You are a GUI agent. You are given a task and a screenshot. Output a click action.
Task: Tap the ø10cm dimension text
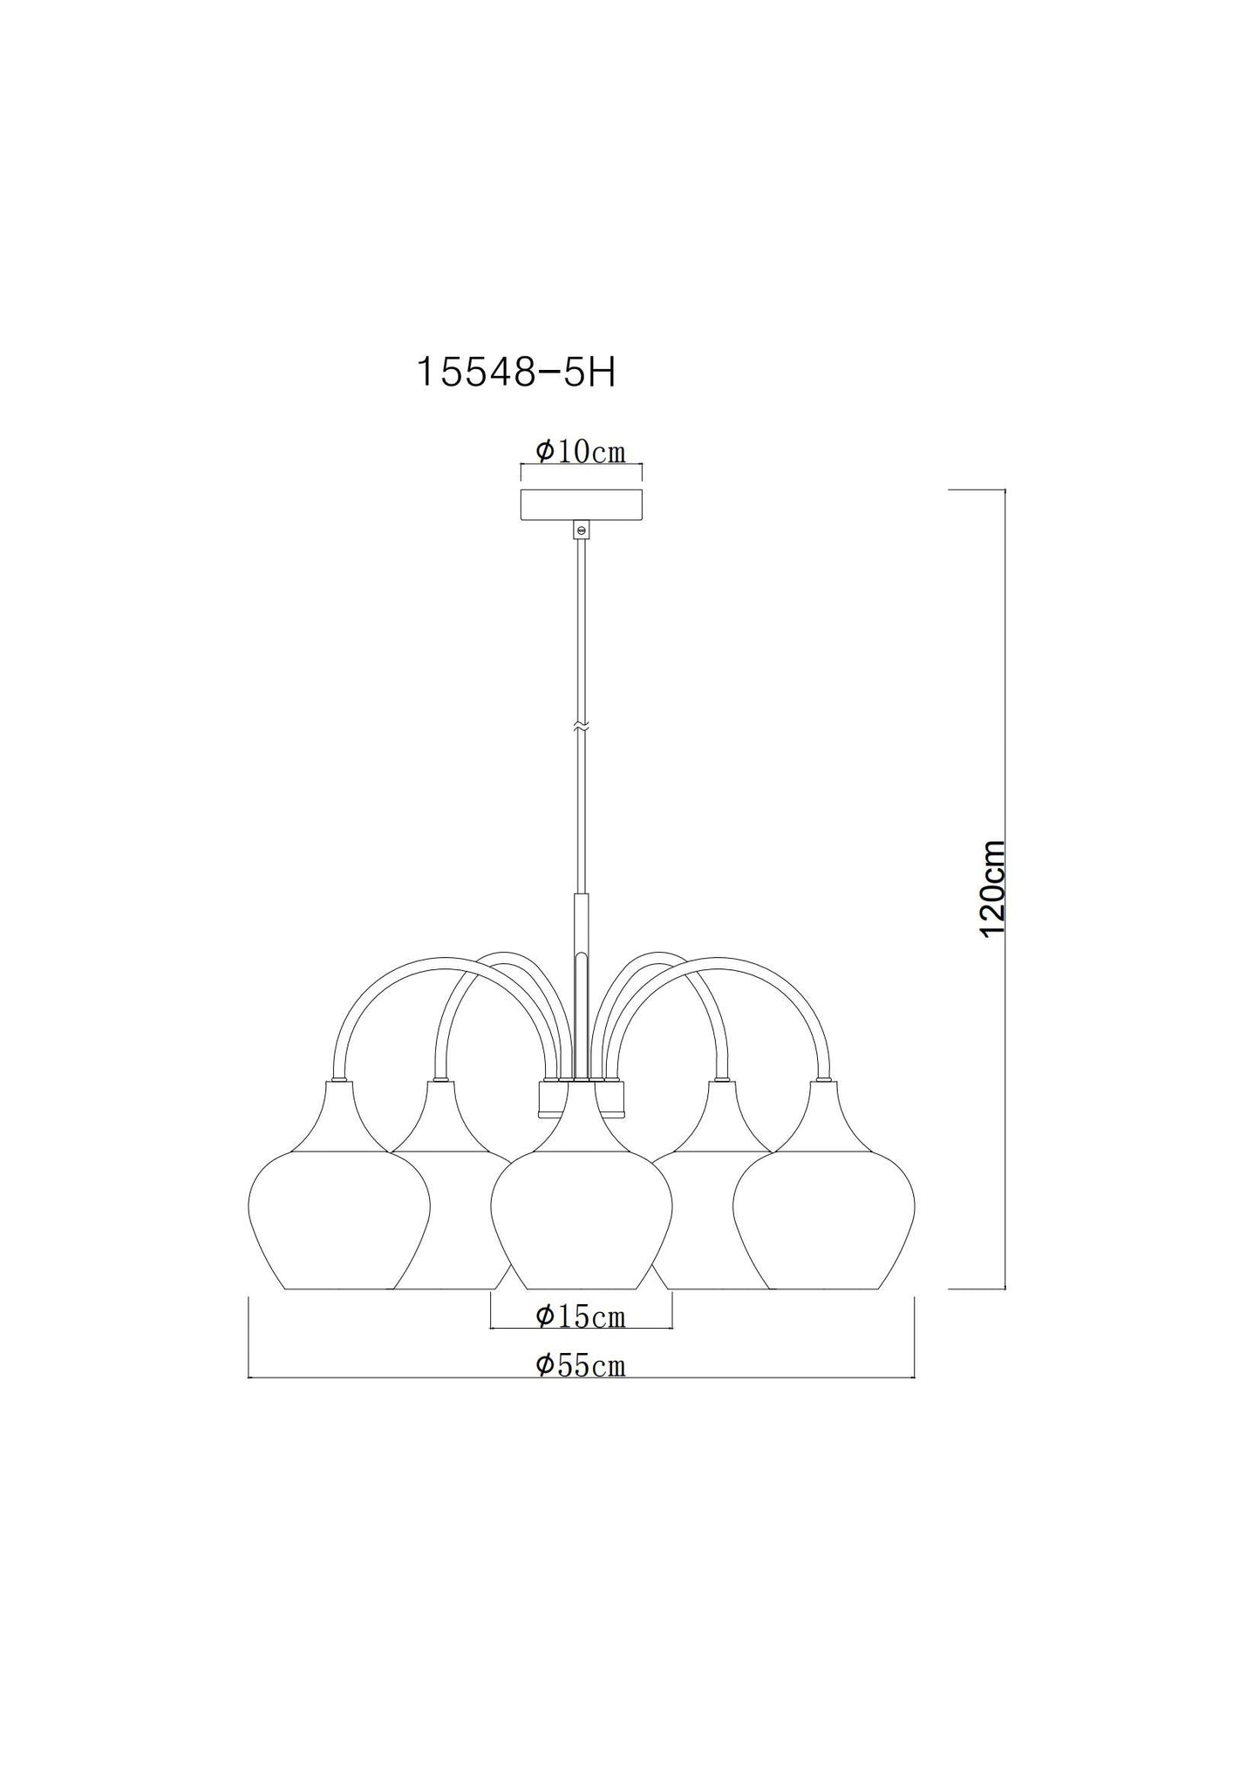[581, 451]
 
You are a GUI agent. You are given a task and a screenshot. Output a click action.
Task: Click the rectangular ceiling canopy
[581, 505]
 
